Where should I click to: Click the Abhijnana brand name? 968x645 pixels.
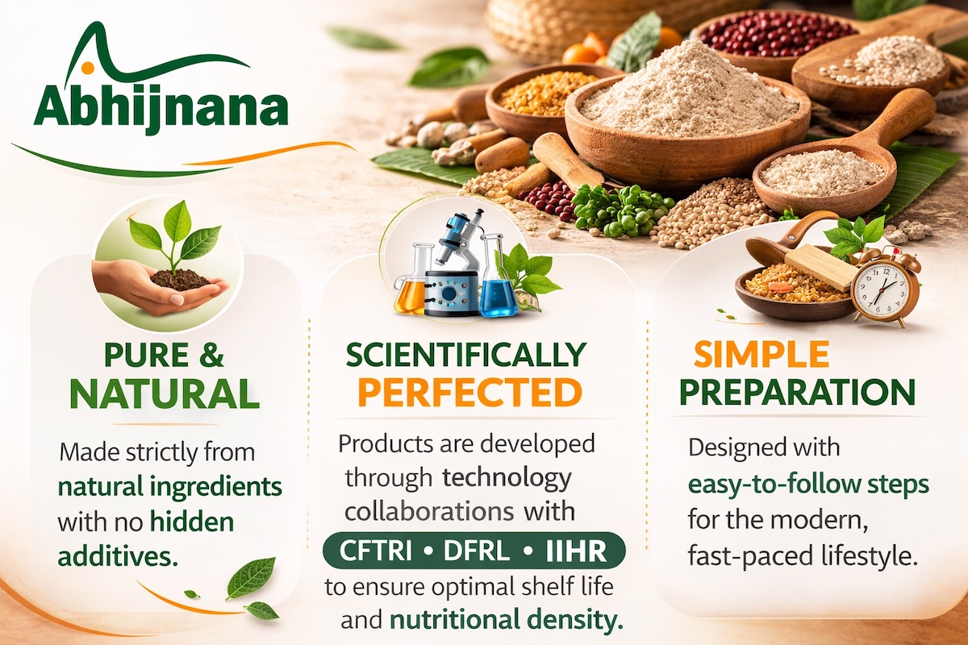pyautogui.click(x=161, y=108)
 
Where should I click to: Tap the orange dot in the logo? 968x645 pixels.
pyautogui.click(x=87, y=68)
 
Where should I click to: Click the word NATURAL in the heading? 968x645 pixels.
pyautogui.click(x=165, y=393)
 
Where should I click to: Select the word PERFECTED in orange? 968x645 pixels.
pyautogui.click(x=470, y=393)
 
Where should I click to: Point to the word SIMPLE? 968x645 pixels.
pyautogui.click(x=761, y=354)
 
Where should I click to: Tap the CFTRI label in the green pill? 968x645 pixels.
pyautogui.click(x=376, y=551)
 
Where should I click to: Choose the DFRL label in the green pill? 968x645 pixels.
pyautogui.click(x=477, y=551)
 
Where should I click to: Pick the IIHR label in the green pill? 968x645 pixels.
pyautogui.click(x=576, y=551)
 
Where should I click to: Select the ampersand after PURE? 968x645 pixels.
pyautogui.click(x=211, y=355)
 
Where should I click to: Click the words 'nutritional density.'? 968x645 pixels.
pyautogui.click(x=507, y=620)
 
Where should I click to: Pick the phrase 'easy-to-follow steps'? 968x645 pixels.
pyautogui.click(x=808, y=485)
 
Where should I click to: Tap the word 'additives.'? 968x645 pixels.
pyautogui.click(x=118, y=556)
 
